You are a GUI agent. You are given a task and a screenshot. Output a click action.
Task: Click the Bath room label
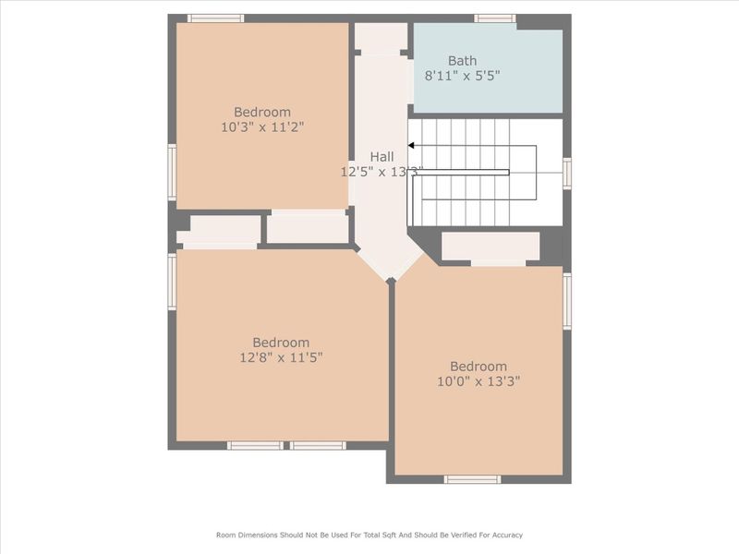(462, 60)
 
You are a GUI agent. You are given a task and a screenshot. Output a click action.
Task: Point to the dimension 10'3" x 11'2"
(262, 127)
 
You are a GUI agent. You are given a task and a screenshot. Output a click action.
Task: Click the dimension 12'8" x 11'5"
(282, 357)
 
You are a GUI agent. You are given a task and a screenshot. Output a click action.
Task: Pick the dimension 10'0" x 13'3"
(479, 380)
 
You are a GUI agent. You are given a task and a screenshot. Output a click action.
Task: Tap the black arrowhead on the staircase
(412, 145)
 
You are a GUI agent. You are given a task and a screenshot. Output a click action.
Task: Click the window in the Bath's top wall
(495, 18)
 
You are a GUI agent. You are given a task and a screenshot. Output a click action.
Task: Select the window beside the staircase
(566, 173)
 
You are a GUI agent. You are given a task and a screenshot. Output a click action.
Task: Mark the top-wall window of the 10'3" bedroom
(215, 18)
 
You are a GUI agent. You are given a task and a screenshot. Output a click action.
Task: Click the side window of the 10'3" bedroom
(172, 172)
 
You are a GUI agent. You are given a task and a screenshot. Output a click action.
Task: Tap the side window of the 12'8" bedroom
(172, 282)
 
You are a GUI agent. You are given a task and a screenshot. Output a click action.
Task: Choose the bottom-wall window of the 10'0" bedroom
(472, 479)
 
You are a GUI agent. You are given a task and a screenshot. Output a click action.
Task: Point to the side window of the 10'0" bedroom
(567, 299)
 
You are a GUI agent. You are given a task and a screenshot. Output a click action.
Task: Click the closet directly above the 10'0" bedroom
(491, 246)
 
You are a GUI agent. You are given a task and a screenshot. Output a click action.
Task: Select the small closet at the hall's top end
(381, 38)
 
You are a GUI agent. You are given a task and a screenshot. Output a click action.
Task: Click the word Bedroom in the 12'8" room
(282, 343)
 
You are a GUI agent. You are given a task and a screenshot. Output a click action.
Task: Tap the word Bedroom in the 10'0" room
(479, 366)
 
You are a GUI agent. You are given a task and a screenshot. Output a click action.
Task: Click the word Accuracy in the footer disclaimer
(503, 535)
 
